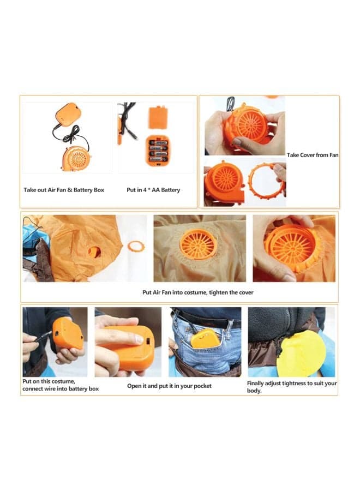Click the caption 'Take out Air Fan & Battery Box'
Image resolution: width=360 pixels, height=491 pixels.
pos(64,190)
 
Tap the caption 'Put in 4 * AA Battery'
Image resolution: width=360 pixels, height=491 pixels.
pos(153,190)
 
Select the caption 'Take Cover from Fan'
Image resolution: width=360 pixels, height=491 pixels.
pos(313,155)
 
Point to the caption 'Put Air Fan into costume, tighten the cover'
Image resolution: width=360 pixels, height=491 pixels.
pos(198,292)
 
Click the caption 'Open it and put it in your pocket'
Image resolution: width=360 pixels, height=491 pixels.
pos(169,386)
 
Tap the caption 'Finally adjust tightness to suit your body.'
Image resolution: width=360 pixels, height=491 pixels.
pos(292,387)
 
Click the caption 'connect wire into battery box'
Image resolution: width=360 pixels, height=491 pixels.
pos(61,388)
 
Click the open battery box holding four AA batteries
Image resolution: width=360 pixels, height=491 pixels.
pos(158,151)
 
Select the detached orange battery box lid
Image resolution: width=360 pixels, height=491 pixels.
pos(158,118)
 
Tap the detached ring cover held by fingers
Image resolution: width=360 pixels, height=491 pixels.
pos(266,182)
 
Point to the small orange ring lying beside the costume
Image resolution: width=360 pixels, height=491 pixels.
pos(136,247)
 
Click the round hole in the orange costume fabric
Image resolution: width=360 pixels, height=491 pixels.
pos(94,252)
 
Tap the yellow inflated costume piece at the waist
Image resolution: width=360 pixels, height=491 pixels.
pos(301,354)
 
